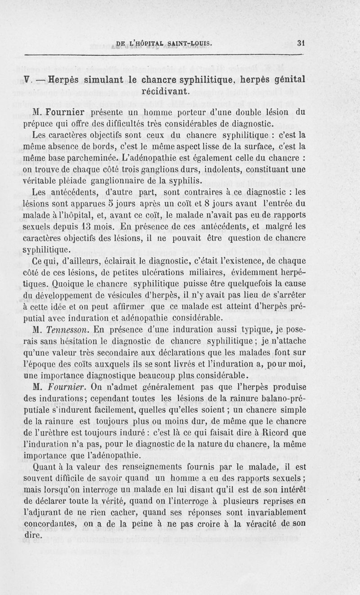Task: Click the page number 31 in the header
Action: click(301, 44)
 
